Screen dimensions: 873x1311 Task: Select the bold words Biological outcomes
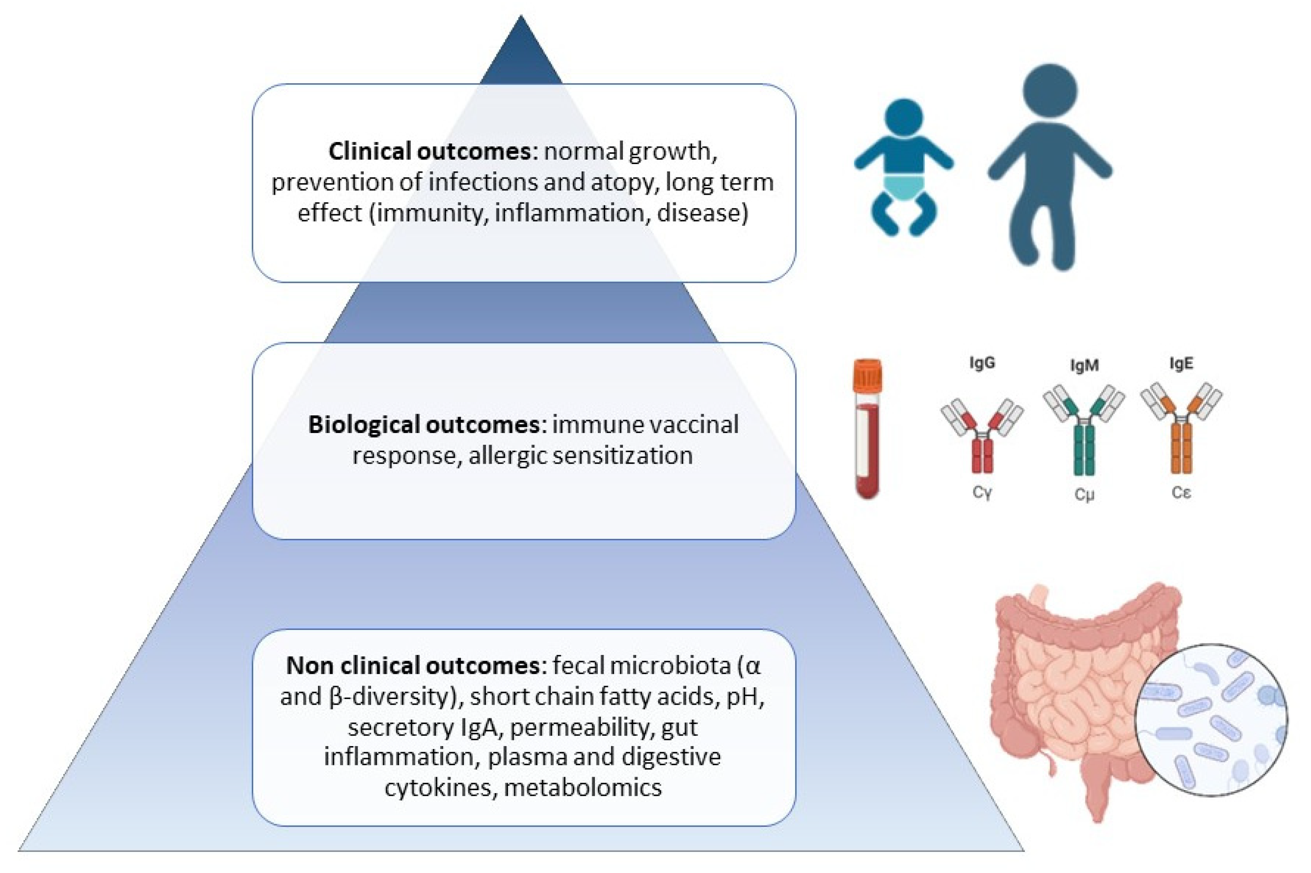coord(423,425)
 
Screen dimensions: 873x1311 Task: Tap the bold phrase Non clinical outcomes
coord(412,666)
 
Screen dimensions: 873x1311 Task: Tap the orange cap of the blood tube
coord(867,375)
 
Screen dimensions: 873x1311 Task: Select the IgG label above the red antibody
coord(982,363)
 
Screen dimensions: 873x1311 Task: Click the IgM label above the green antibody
coord(1084,366)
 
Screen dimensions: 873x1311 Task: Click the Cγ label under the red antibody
coord(982,493)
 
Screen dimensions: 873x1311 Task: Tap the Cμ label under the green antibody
coord(1084,494)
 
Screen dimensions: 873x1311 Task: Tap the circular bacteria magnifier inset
coord(1211,720)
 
